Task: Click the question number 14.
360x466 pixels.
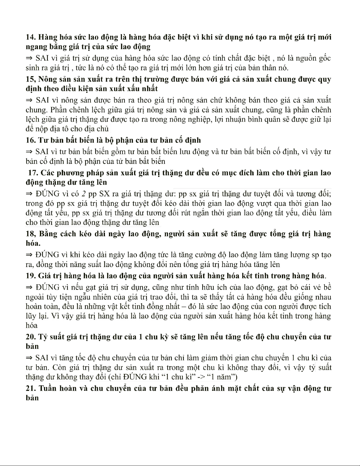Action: click(30, 37)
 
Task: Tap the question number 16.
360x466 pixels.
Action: click(30, 140)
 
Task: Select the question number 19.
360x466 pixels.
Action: click(30, 276)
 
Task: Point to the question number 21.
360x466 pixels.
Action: click(30, 388)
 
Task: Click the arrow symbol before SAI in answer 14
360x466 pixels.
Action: click(29, 58)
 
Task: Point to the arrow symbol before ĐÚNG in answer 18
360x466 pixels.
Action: click(29, 255)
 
